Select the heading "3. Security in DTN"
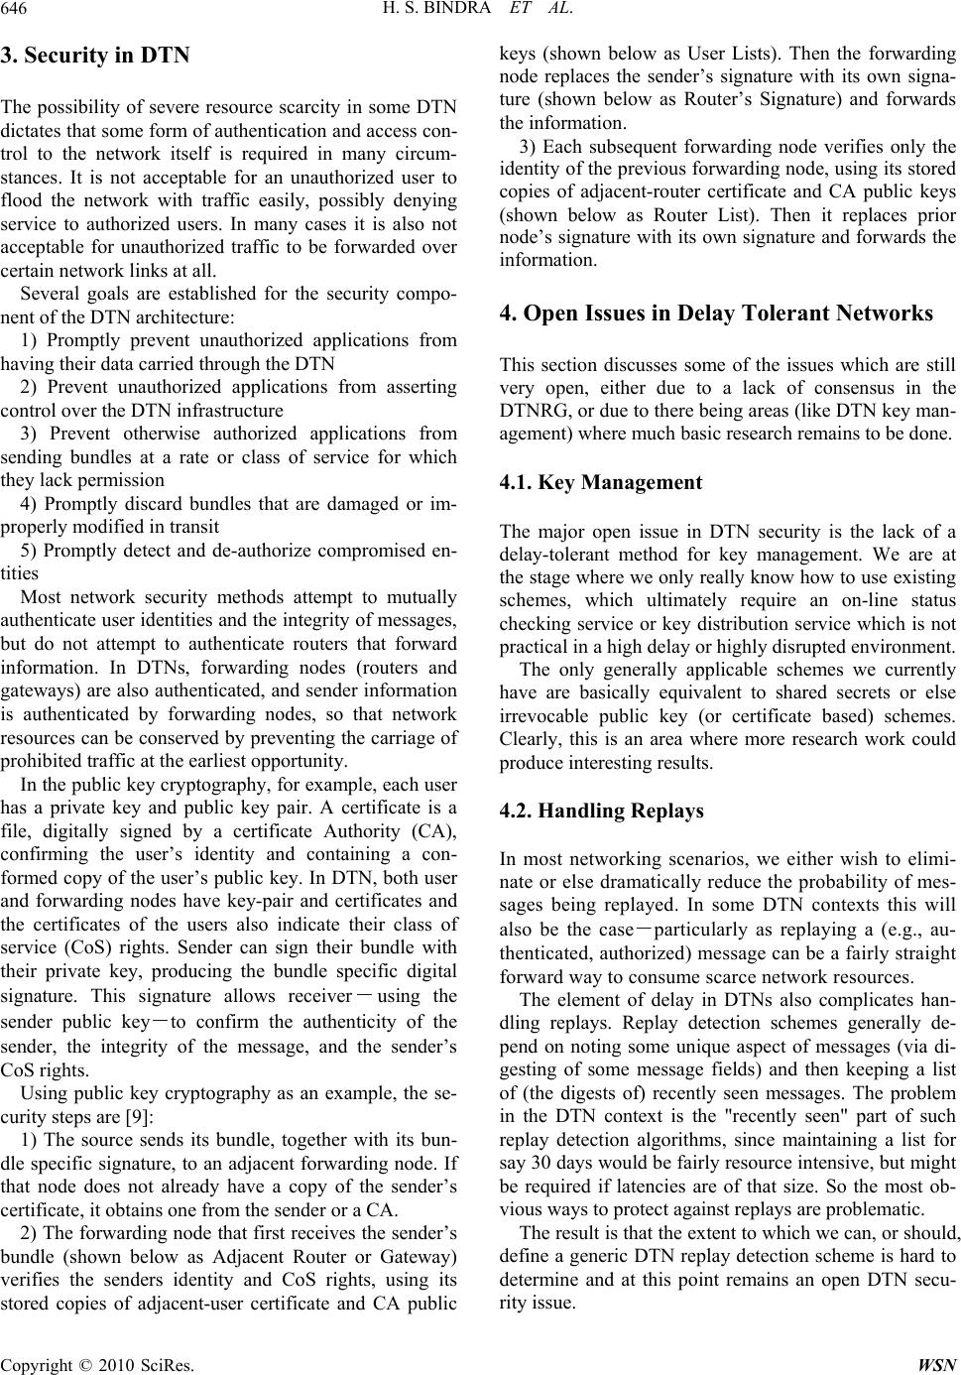pyautogui.click(x=95, y=56)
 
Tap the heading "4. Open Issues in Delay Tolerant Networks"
pyautogui.click(x=716, y=313)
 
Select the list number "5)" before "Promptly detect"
pyautogui.click(x=29, y=550)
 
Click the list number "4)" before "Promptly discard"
pyautogui.click(x=29, y=505)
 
